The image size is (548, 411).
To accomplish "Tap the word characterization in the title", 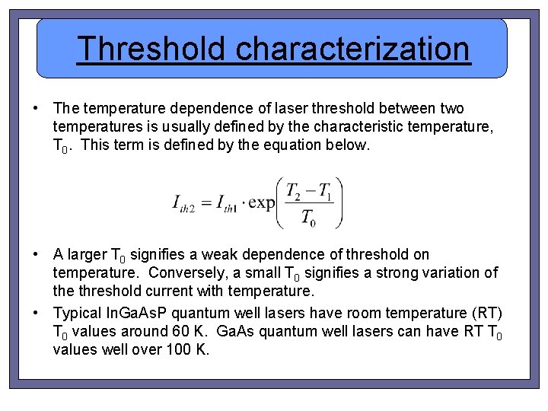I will (x=352, y=49).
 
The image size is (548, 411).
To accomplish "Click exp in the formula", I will (x=262, y=203).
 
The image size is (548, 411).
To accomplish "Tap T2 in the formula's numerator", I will (x=293, y=190).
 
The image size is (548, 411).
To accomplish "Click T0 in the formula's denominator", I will (x=308, y=218).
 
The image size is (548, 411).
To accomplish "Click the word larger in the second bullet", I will (x=87, y=254).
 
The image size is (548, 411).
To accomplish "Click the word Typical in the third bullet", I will (x=77, y=313).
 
